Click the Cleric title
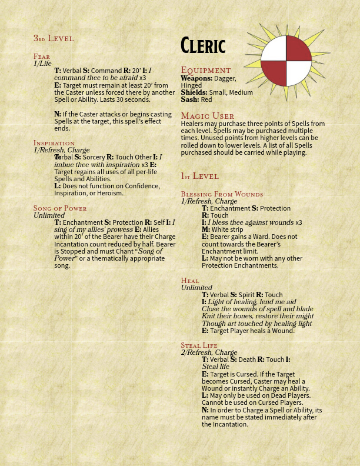click(203, 45)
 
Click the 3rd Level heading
click(54, 38)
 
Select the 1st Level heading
click(200, 176)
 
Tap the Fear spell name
click(42, 56)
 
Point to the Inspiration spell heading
click(54, 143)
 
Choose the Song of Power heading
click(60, 208)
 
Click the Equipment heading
click(206, 70)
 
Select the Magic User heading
click(208, 116)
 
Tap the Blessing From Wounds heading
click(222, 194)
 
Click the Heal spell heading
click(190, 281)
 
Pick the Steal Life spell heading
click(199, 345)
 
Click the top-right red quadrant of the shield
click(298, 49)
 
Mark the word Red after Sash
click(206, 100)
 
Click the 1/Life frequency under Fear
click(42, 64)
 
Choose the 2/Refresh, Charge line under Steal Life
click(209, 352)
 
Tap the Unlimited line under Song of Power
click(48, 215)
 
